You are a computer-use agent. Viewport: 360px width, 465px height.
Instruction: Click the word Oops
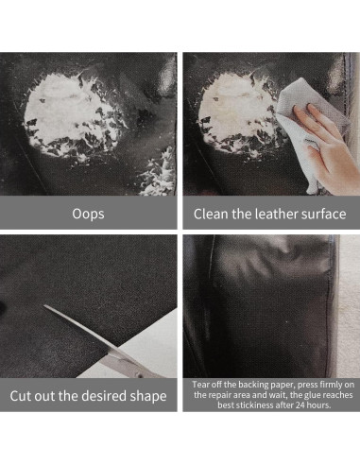[x=88, y=214]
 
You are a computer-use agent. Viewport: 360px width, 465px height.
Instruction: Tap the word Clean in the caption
[x=211, y=214]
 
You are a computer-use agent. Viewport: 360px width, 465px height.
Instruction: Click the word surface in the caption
[x=323, y=214]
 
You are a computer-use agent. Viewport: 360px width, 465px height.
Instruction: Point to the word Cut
[x=21, y=396]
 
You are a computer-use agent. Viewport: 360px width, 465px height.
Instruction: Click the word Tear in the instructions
[x=200, y=385]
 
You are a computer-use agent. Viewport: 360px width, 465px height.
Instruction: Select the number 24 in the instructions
[x=300, y=405]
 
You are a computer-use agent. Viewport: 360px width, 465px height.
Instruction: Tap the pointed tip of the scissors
[x=44, y=306]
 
